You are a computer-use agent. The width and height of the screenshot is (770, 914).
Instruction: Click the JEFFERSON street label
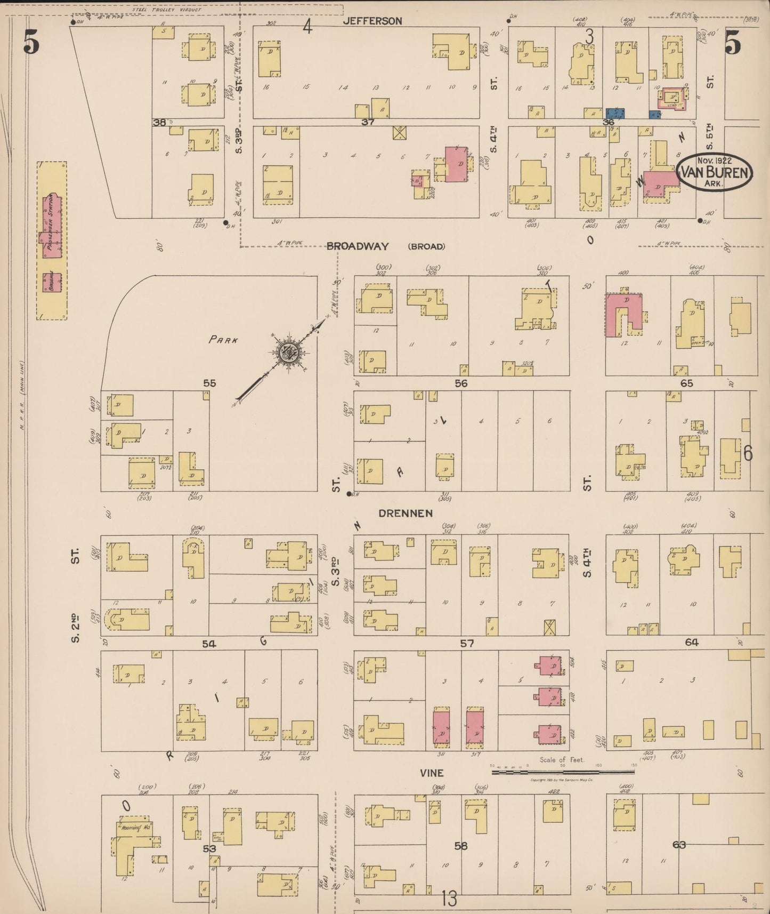tap(372, 21)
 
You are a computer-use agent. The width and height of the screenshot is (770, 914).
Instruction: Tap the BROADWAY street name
tap(358, 246)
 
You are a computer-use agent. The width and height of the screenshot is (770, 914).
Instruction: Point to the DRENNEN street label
tap(405, 513)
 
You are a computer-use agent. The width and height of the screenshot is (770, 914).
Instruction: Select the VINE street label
tap(431, 773)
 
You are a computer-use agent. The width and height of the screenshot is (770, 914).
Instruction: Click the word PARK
tap(223, 340)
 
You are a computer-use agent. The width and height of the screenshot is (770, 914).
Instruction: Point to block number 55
tap(209, 383)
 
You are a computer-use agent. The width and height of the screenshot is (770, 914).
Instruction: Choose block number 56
tap(461, 383)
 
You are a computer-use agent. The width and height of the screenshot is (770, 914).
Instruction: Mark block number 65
tap(686, 383)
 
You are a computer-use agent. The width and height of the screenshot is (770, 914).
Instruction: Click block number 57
tap(467, 644)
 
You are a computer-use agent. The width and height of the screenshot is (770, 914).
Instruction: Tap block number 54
tap(209, 644)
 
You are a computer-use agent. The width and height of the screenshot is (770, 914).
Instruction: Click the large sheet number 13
tap(449, 899)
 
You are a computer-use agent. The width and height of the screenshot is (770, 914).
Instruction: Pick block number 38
tap(159, 123)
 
